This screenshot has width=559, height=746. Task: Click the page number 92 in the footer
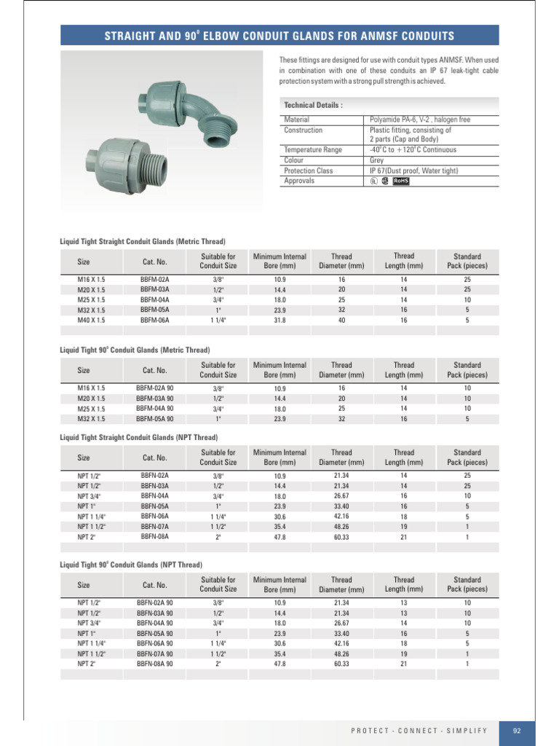click(x=517, y=731)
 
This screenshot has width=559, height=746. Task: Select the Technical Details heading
click(x=313, y=105)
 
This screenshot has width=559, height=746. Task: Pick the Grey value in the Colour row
click(x=377, y=160)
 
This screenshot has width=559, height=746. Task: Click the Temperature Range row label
click(x=312, y=150)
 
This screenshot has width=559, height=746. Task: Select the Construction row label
click(x=303, y=130)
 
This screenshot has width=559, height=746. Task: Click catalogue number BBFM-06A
click(x=154, y=320)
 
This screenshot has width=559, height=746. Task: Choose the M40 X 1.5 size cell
click(x=91, y=320)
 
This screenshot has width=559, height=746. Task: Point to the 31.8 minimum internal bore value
click(x=279, y=320)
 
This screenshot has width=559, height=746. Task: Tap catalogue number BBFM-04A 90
click(x=154, y=409)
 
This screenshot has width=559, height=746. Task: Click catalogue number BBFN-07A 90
click(x=154, y=653)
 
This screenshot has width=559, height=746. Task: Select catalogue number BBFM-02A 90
click(x=154, y=388)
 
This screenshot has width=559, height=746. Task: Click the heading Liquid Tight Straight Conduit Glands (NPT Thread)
click(x=138, y=437)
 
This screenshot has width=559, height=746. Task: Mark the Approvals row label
click(x=299, y=181)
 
